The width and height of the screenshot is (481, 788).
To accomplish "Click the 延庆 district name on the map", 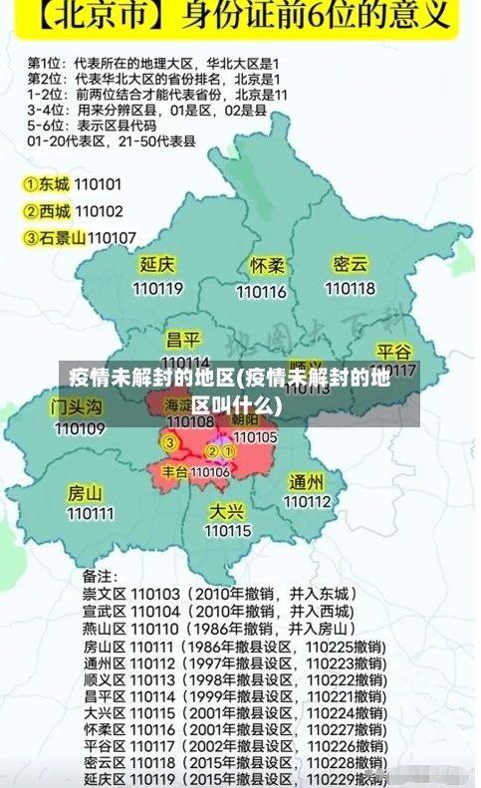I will pyautogui.click(x=157, y=265).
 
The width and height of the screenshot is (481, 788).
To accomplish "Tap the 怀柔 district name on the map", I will pyautogui.click(x=267, y=266).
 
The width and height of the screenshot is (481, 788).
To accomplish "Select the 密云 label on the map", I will pyautogui.click(x=351, y=264).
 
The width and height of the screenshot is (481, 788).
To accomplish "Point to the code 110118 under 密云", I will pyautogui.click(x=351, y=288).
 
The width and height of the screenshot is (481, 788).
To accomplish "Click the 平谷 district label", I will pyautogui.click(x=394, y=352).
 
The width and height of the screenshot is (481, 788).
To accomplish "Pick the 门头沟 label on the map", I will pyautogui.click(x=77, y=406).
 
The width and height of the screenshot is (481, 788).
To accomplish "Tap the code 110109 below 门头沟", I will pyautogui.click(x=80, y=429).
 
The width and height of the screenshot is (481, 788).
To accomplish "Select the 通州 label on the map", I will pyautogui.click(x=306, y=481).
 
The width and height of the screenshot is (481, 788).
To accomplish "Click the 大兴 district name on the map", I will pyautogui.click(x=227, y=510).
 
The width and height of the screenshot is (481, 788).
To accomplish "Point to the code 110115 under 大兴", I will pyautogui.click(x=228, y=531).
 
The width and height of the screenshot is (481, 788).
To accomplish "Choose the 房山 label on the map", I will pyautogui.click(x=85, y=492).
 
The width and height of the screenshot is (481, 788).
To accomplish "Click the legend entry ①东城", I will pyautogui.click(x=47, y=184).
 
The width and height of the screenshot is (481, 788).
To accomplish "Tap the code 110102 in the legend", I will pyautogui.click(x=99, y=211).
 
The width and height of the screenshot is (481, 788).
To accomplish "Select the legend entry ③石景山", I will pyautogui.click(x=55, y=237).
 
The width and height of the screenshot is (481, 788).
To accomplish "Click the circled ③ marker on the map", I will pyautogui.click(x=170, y=441).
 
